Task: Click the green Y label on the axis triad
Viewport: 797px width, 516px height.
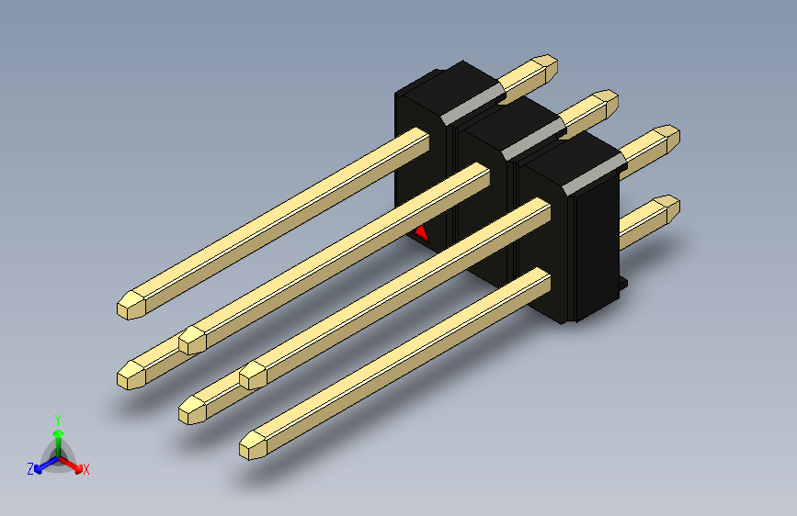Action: coord(57,419)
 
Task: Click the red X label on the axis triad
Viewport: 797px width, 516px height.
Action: coord(86,469)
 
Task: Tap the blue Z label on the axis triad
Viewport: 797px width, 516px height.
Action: coord(29,468)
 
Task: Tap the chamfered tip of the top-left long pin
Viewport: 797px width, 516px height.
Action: coord(129,307)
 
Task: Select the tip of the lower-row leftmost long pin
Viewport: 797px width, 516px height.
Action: coord(129,375)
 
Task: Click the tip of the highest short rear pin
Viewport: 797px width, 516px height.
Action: coord(548,65)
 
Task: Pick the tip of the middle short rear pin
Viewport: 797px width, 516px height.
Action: coord(608,98)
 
